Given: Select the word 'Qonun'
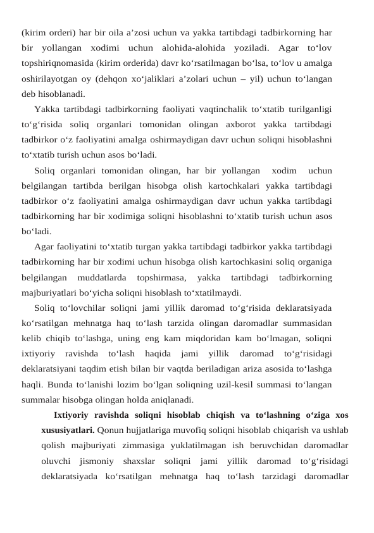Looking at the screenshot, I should pos(112,430).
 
